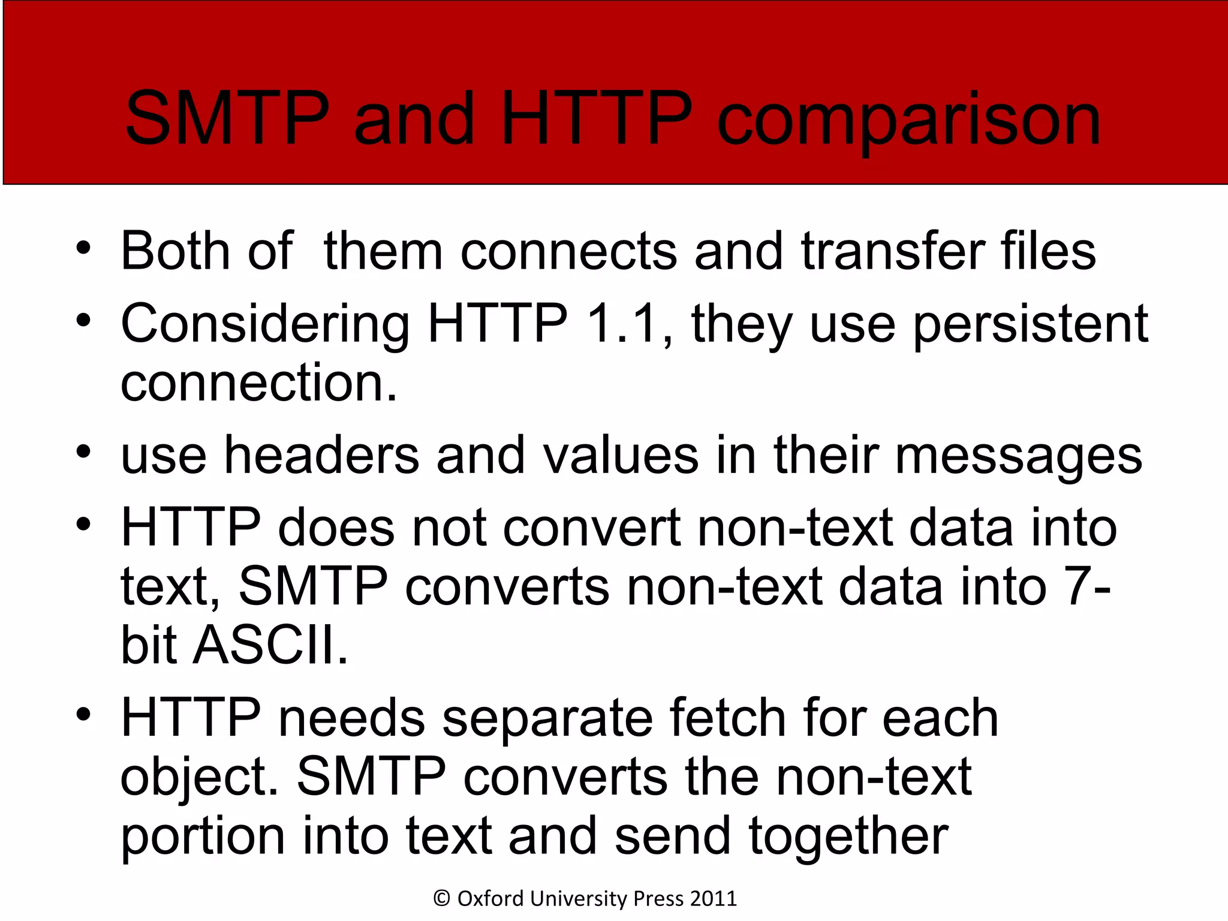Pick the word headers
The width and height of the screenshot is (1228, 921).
(321, 456)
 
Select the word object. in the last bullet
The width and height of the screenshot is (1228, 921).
(200, 778)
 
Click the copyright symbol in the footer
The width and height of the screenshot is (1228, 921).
(442, 899)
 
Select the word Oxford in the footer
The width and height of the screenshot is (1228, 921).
(491, 899)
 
